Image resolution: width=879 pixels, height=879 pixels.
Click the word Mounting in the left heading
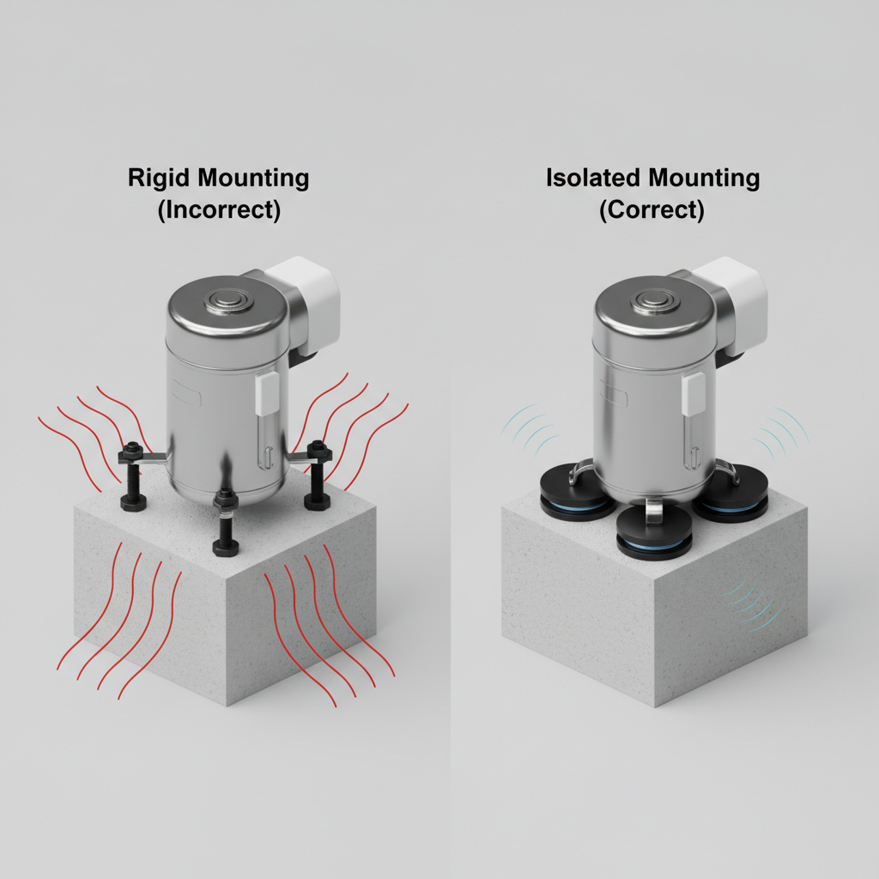click(254, 179)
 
